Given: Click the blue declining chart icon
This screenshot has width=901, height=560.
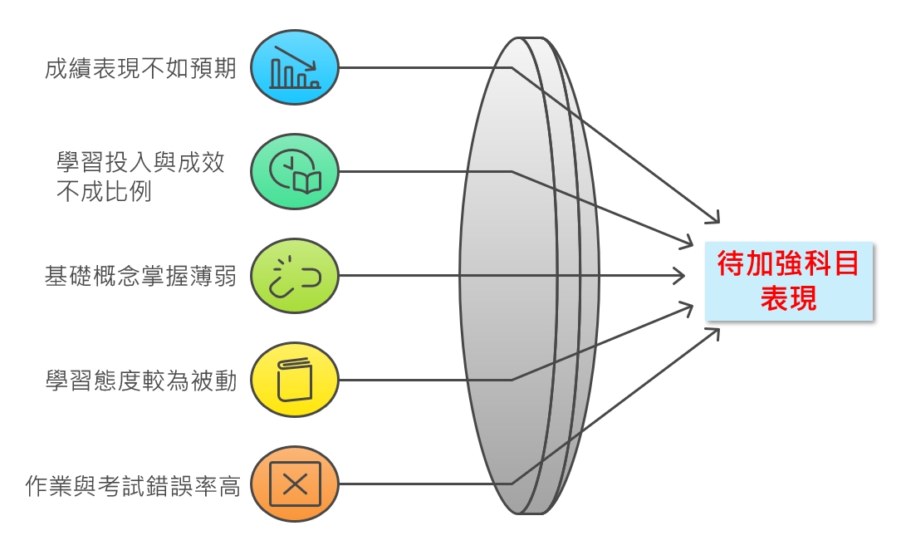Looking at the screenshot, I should pyautogui.click(x=295, y=68).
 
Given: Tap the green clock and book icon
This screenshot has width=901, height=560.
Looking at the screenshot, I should pyautogui.click(x=295, y=172).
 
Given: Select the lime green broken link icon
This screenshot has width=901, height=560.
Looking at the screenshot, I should pyautogui.click(x=295, y=276).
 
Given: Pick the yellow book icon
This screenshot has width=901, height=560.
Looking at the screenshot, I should pyautogui.click(x=295, y=380).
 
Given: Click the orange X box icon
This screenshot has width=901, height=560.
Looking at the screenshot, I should pyautogui.click(x=295, y=484).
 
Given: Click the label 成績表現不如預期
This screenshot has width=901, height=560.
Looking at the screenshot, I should pyautogui.click(x=140, y=68).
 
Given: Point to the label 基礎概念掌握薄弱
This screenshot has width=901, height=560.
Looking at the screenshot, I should pyautogui.click(x=140, y=276).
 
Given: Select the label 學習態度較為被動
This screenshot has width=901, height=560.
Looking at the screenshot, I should pyautogui.click(x=140, y=381).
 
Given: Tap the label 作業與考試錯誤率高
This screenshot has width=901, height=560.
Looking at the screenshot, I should pyautogui.click(x=133, y=486).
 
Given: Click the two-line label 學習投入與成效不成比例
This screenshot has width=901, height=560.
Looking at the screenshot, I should pyautogui.click(x=140, y=176).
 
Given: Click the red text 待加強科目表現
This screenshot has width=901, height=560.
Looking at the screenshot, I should pyautogui.click(x=788, y=281).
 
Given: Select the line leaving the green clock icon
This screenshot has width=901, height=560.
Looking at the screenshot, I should pyautogui.click(x=424, y=172).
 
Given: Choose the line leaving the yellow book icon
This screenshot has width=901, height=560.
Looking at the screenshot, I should pyautogui.click(x=424, y=380).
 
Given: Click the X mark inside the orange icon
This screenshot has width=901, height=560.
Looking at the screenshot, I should pyautogui.click(x=295, y=484).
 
